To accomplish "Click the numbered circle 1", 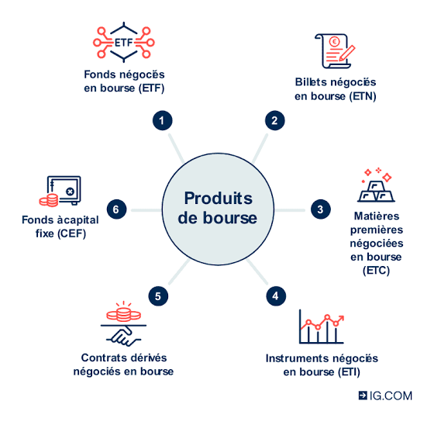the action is pos(163,120).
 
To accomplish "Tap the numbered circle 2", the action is pos(275,120).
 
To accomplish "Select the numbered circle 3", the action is pos(321,209).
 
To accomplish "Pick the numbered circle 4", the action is pos(276,296).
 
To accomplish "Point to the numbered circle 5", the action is pos(158,296).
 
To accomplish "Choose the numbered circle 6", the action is pos(116,209).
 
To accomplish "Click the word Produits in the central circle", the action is pos(219,199).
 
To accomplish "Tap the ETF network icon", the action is pos(124,43).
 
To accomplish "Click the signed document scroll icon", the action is pos(335,51).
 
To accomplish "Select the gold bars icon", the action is pos(376,185).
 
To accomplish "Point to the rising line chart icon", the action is pos(322,327).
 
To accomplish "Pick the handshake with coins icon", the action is pos(123,323).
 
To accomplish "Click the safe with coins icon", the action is pos(60,191).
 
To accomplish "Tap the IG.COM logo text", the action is pos(391,396).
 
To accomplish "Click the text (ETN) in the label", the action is pos(363,96).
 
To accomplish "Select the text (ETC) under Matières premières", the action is pos(377,271).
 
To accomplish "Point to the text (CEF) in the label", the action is pos(72,233).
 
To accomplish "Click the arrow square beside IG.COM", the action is pos(363,396).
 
